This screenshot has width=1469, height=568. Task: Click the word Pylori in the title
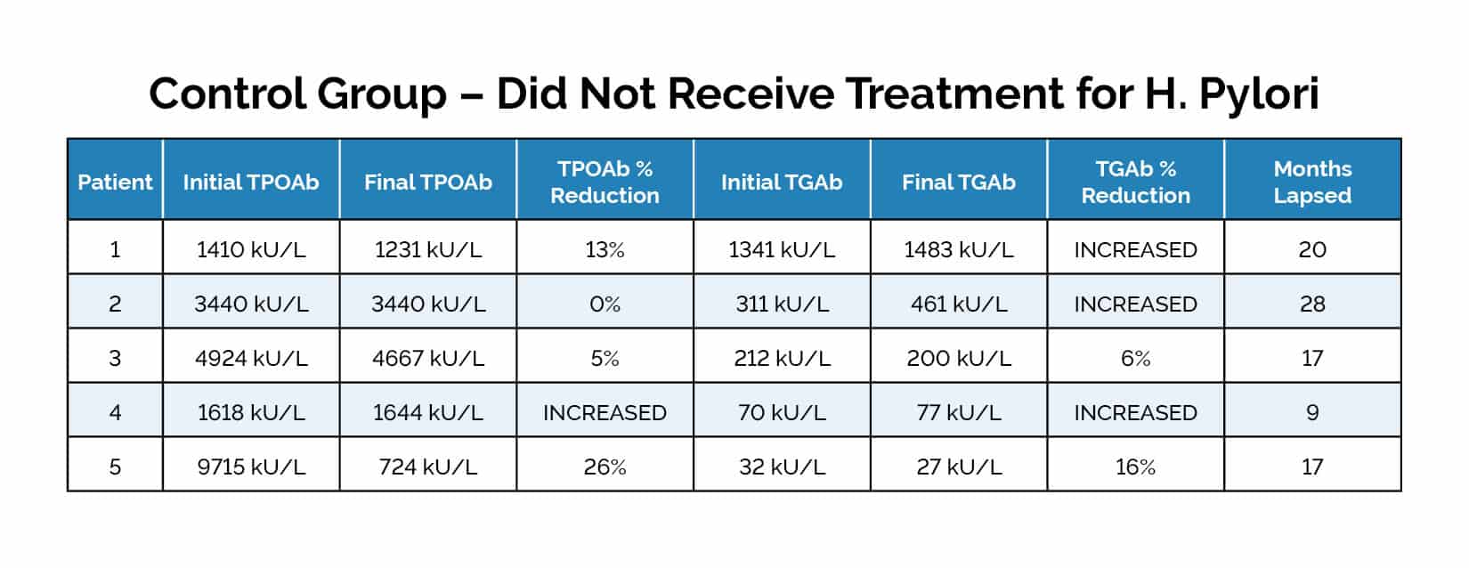(1258, 94)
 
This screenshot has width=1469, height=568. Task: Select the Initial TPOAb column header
(250, 183)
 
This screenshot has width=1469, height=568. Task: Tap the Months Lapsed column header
(1312, 183)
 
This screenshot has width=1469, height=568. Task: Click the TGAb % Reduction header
(1135, 183)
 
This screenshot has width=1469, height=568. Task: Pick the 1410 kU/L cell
(250, 250)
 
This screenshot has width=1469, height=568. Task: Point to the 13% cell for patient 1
(605, 250)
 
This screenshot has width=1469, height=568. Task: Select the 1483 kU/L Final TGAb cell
(958, 250)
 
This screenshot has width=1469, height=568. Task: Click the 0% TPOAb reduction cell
(605, 304)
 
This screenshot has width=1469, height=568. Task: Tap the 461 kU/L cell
(958, 304)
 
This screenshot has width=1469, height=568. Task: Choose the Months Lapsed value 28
(1312, 304)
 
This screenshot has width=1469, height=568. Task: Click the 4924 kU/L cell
(250, 359)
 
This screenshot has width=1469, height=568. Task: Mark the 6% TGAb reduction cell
(1135, 359)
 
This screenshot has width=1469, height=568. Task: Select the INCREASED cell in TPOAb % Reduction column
(605, 413)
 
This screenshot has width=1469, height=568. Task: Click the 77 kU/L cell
(958, 413)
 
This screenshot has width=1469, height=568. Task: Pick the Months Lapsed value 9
(1312, 413)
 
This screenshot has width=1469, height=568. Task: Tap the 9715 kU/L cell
(250, 467)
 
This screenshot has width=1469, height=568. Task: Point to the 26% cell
(605, 467)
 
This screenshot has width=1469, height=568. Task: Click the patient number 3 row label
(115, 359)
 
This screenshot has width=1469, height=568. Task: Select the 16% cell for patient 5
(1135, 467)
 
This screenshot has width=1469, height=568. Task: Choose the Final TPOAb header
(427, 183)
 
